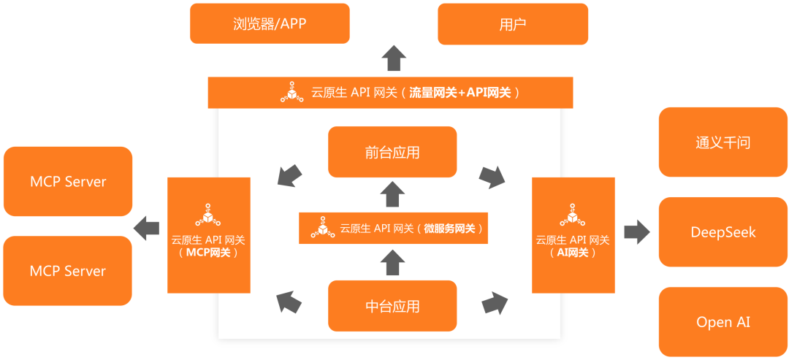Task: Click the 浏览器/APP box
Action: pos(270,23)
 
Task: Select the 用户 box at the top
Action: pos(512,23)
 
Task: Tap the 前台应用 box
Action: pos(392,152)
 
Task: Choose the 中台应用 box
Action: pos(392,305)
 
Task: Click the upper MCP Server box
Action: pos(68,181)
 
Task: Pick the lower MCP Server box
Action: pos(68,270)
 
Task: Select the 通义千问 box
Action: pos(723,142)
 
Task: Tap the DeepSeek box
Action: pos(723,232)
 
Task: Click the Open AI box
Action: pos(723,322)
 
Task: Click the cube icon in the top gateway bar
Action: pos(292,93)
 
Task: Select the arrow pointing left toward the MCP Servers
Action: pos(148,227)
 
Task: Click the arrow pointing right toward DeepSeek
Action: pos(636,232)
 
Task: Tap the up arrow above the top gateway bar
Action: pos(394,57)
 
